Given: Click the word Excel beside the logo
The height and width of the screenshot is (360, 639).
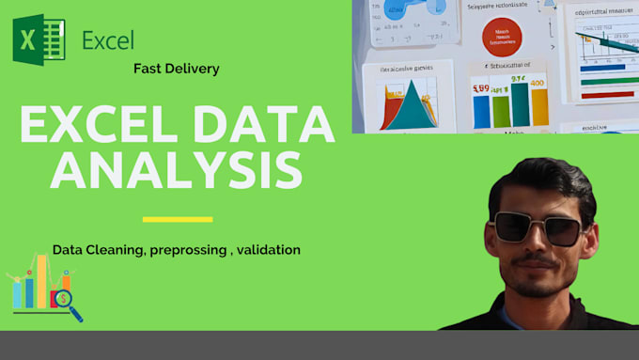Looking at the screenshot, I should click(x=108, y=40).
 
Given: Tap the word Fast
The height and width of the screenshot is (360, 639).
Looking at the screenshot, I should click(x=149, y=69).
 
